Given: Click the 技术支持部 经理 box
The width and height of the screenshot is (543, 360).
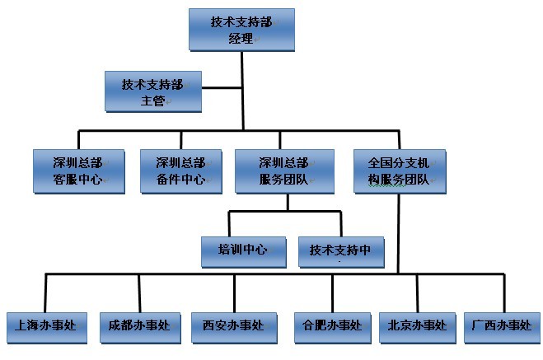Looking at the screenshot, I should click(x=241, y=30).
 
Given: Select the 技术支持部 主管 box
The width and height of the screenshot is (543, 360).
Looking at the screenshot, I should click(x=153, y=91).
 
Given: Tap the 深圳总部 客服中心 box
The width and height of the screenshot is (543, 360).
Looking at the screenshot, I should click(x=77, y=170).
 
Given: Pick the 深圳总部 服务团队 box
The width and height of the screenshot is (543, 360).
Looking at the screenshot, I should click(x=284, y=170).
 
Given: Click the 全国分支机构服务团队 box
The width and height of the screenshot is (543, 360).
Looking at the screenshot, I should click(x=399, y=170).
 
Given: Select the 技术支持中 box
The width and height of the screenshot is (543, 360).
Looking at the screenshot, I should click(x=341, y=250).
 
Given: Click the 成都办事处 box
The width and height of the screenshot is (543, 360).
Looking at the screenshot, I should click(x=138, y=325).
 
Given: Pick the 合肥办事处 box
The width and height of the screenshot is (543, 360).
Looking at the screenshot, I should click(x=332, y=325).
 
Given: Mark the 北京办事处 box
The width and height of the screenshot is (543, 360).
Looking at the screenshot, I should click(x=417, y=325).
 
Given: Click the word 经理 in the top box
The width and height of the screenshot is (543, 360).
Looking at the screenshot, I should click(x=241, y=39).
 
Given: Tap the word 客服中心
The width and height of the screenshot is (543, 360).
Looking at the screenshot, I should click(x=77, y=179).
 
